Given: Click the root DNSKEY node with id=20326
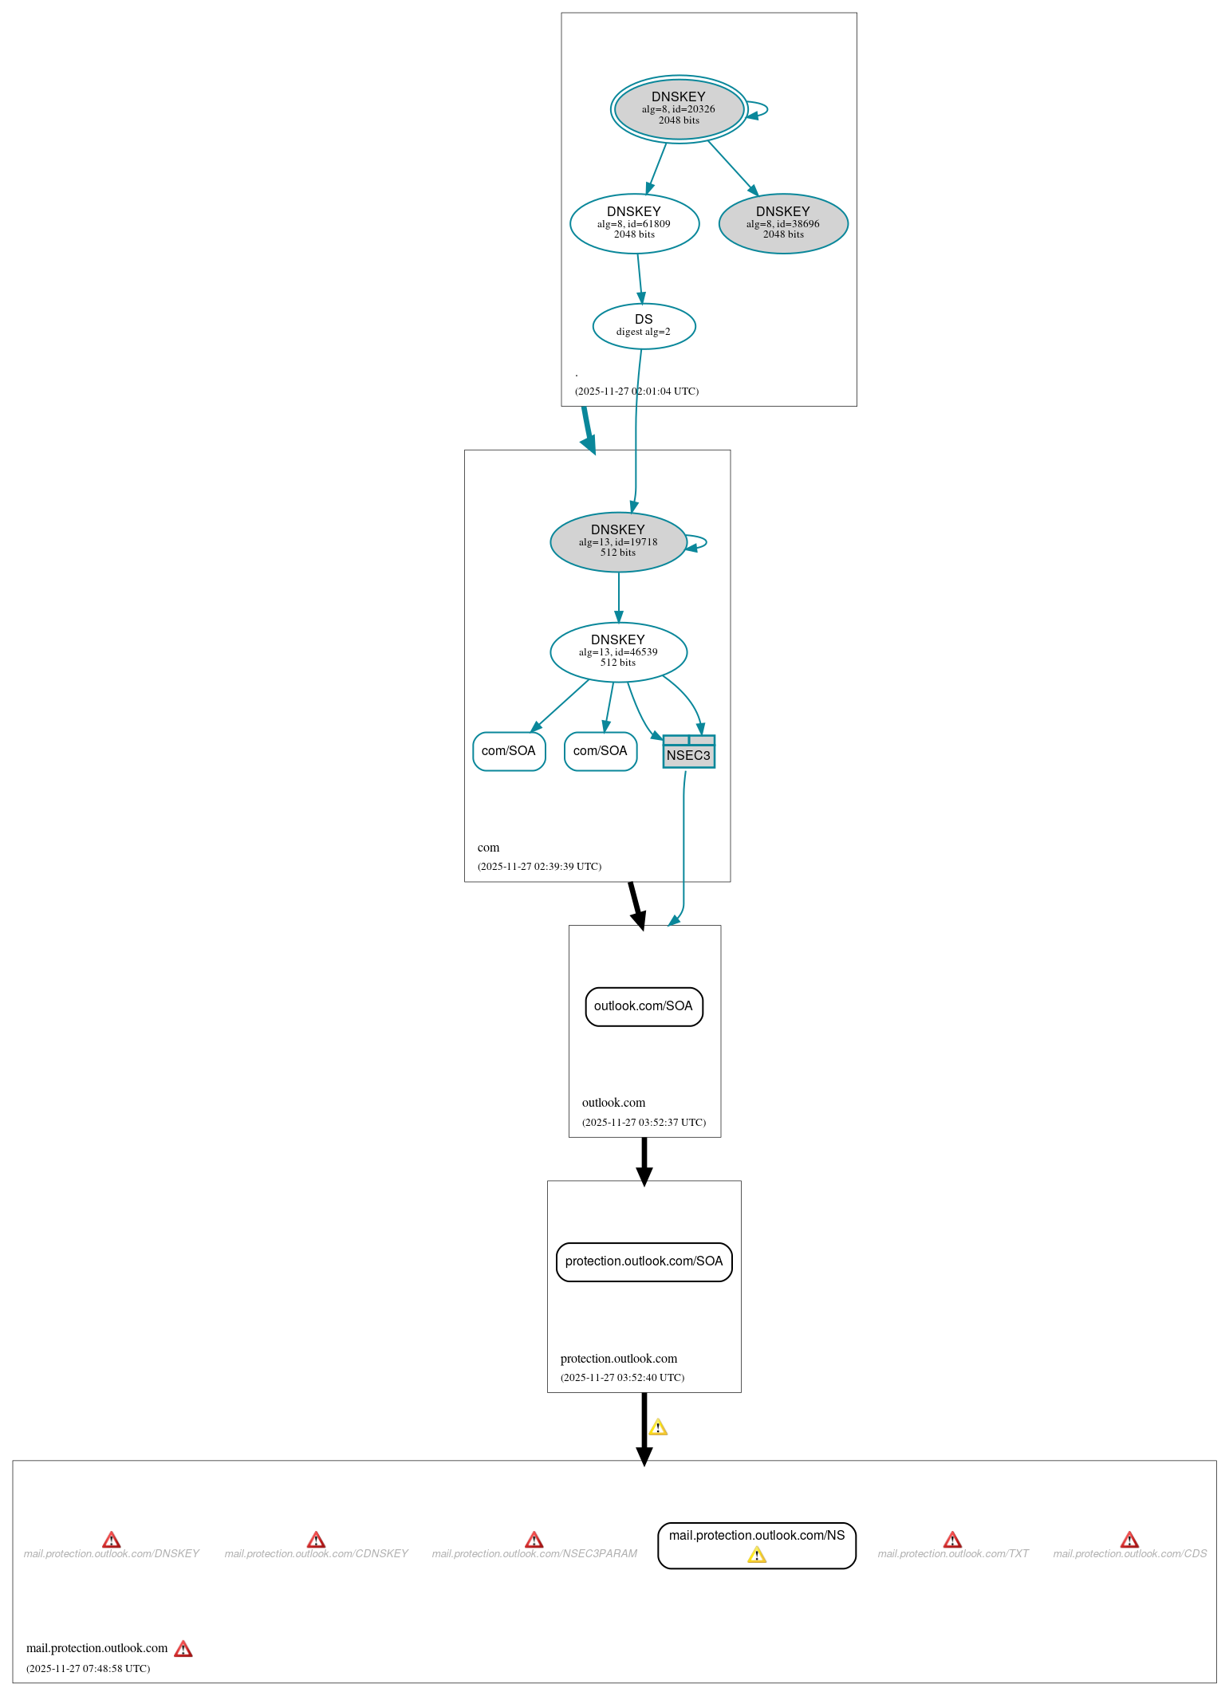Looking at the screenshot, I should click(679, 109).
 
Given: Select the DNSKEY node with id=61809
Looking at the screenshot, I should click(634, 223).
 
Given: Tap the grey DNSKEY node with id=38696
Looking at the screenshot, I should click(782, 223).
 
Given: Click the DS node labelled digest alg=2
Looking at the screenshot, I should click(644, 325).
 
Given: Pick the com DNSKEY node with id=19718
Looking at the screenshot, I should click(618, 541).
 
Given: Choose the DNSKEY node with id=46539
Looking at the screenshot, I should click(618, 651).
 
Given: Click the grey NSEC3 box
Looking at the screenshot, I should click(688, 754).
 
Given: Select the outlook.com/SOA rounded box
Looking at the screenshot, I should click(644, 1006).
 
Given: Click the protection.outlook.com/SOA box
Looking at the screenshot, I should click(644, 1261).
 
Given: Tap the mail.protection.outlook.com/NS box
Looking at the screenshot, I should click(756, 1536).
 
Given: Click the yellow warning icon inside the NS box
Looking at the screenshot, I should click(756, 1555).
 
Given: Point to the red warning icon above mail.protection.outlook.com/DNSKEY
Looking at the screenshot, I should click(112, 1540).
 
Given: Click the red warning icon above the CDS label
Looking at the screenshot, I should click(1129, 1540).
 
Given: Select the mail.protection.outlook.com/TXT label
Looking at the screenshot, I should click(953, 1554).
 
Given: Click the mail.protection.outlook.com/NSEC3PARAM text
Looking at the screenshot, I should click(534, 1554).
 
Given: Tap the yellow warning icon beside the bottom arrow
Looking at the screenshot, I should click(658, 1427).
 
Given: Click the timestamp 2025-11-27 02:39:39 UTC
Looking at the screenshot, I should click(539, 867).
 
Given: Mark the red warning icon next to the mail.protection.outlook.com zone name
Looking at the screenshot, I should click(183, 1649).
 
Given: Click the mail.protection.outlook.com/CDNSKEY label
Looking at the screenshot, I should click(316, 1554).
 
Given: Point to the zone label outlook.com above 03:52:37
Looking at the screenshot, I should click(613, 1103).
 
